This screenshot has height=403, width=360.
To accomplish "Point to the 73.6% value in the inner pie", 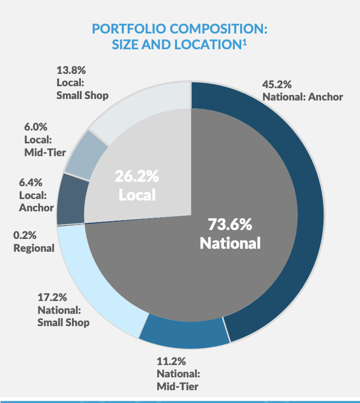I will [x=230, y=225].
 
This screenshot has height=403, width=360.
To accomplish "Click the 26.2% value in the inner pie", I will [x=137, y=176].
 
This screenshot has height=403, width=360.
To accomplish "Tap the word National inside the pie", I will [x=230, y=243].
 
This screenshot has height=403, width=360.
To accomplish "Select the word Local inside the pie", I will [x=137, y=195].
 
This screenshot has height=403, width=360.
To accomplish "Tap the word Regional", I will [x=34, y=248].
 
